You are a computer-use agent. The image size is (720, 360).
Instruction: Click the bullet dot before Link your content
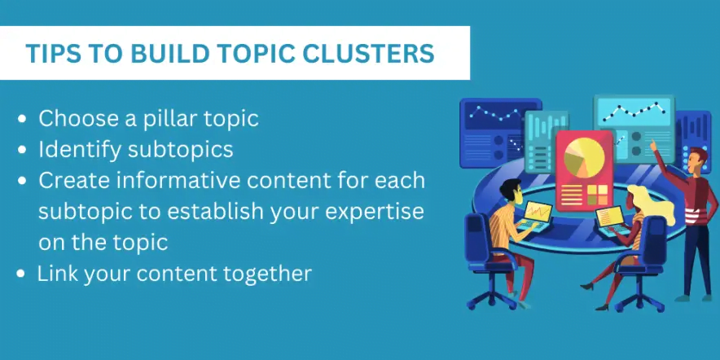click(x=20, y=274)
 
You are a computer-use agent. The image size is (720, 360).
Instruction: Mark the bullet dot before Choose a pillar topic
click(x=22, y=120)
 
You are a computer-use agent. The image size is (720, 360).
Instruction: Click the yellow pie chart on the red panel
click(x=584, y=157)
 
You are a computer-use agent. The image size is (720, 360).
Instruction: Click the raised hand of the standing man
click(x=652, y=145)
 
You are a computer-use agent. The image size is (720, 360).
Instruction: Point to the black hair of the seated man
click(x=510, y=188)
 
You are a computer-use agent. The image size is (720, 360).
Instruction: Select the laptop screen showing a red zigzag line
click(x=538, y=212)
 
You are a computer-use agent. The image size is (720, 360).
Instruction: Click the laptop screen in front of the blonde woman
click(x=609, y=217)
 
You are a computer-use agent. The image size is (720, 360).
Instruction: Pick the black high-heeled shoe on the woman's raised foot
click(x=587, y=287)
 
